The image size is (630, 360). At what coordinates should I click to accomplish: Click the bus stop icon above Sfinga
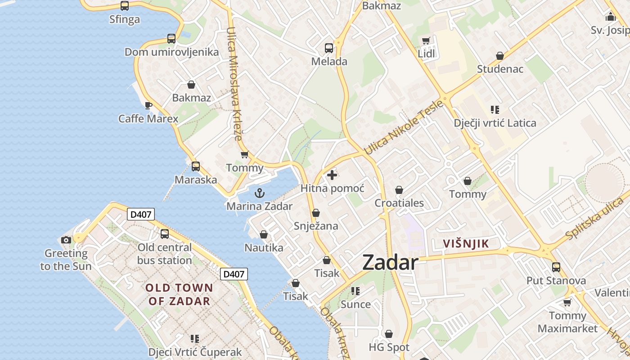pyautogui.click(x=125, y=6)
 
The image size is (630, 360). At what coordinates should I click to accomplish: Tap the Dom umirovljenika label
pyautogui.click(x=171, y=52)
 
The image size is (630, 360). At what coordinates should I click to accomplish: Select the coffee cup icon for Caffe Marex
pyautogui.click(x=148, y=106)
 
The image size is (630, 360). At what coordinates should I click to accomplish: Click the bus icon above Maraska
pyautogui.click(x=196, y=166)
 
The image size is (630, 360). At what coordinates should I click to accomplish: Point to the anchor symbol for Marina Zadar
pyautogui.click(x=259, y=193)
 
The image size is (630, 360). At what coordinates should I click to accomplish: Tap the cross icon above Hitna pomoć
pyautogui.click(x=332, y=175)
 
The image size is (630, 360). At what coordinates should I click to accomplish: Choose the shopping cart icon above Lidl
pyautogui.click(x=426, y=41)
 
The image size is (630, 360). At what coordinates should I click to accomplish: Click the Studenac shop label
pyautogui.click(x=500, y=69)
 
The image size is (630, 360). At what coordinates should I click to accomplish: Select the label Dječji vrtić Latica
pyautogui.click(x=495, y=123)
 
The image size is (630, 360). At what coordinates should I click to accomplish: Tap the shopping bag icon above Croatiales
pyautogui.click(x=399, y=190)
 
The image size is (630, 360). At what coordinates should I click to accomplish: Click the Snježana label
pyautogui.click(x=315, y=226)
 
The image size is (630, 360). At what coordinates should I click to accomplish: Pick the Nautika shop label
pyautogui.click(x=264, y=247)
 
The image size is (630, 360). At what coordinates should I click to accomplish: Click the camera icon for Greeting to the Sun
pyautogui.click(x=66, y=240)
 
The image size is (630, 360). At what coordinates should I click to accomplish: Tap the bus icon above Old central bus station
pyautogui.click(x=165, y=234)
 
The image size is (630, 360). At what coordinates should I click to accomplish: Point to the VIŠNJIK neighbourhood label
pyautogui.click(x=466, y=244)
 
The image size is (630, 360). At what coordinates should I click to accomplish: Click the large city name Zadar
pyautogui.click(x=390, y=262)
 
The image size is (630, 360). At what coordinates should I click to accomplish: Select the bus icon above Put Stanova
pyautogui.click(x=556, y=267)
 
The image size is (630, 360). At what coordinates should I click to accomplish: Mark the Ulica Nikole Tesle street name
pyautogui.click(x=403, y=127)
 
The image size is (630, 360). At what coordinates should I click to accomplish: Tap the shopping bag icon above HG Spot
pyautogui.click(x=389, y=334)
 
